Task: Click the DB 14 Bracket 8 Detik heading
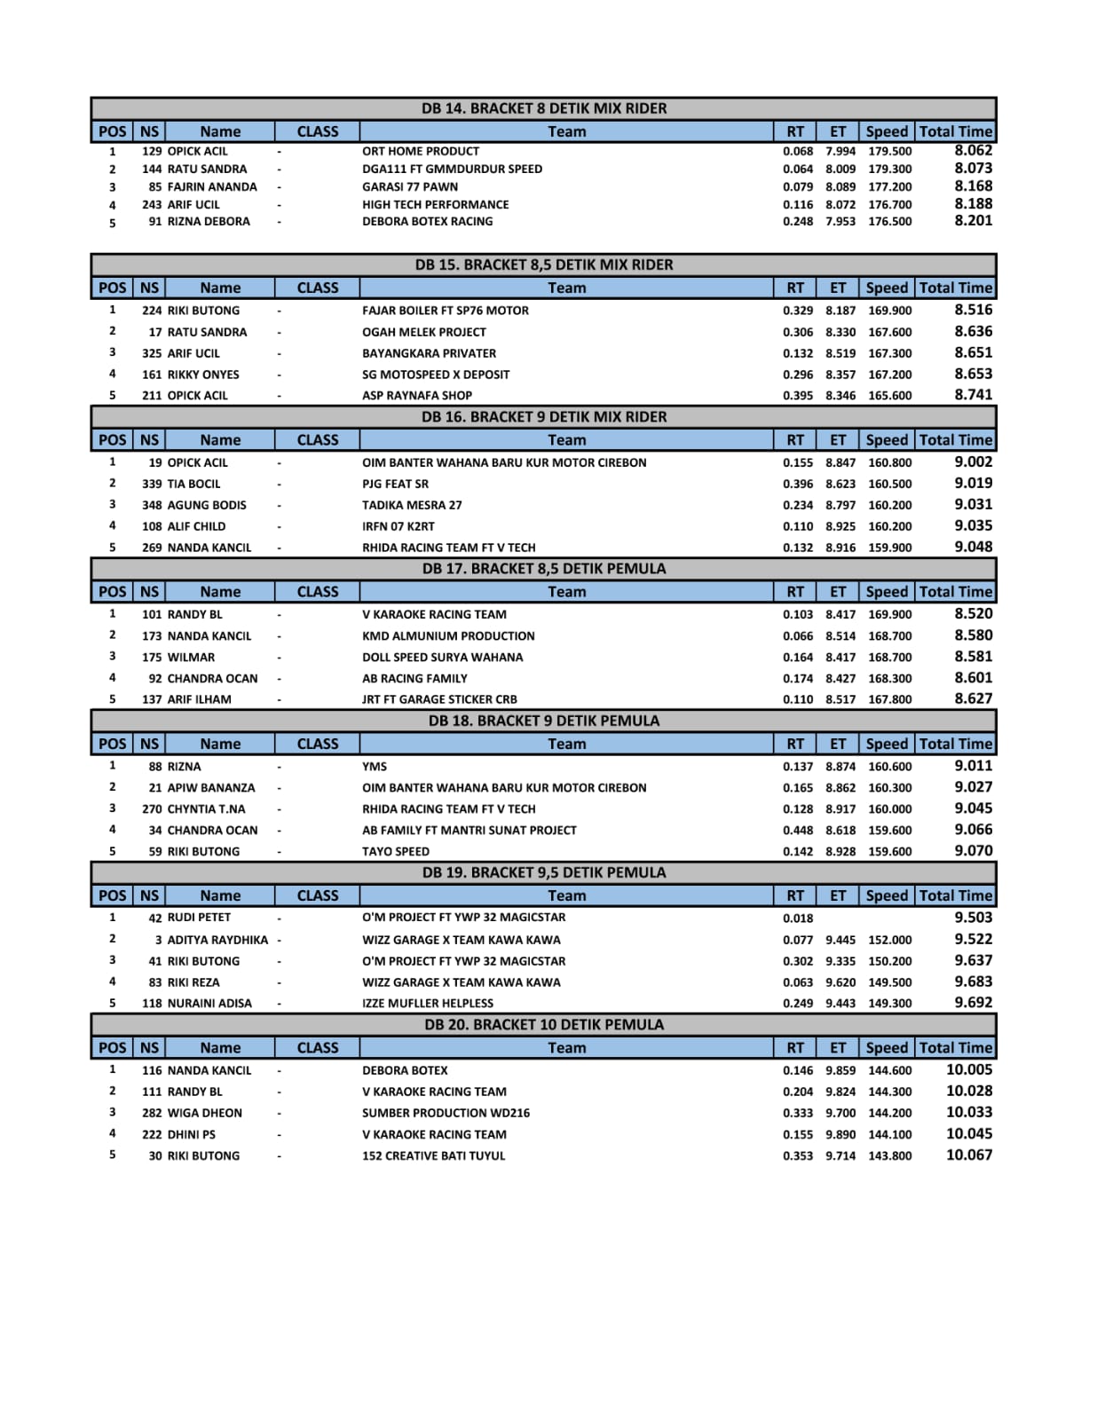tap(543, 108)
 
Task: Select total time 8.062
tap(973, 151)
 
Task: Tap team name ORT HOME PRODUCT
tap(420, 152)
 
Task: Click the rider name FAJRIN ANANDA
tap(211, 187)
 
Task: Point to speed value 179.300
tap(889, 169)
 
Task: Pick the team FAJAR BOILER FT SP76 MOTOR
tap(445, 311)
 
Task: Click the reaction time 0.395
tap(797, 396)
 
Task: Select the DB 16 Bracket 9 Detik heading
tap(543, 417)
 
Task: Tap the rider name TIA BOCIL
tap(193, 485)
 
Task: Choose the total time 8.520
tap(973, 614)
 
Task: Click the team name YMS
tap(374, 767)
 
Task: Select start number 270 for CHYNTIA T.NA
tap(152, 809)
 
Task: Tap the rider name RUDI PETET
tap(199, 918)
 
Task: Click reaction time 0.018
tap(797, 918)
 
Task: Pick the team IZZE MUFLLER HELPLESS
tap(427, 1004)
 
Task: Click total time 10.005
tap(968, 1070)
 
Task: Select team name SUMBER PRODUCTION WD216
tap(446, 1113)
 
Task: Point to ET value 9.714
tap(840, 1155)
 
